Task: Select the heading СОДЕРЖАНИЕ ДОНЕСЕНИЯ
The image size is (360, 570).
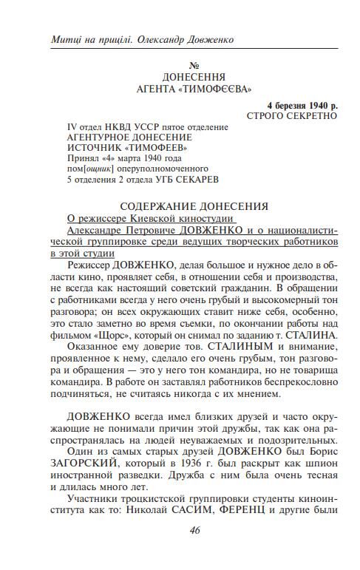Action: click(194, 206)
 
